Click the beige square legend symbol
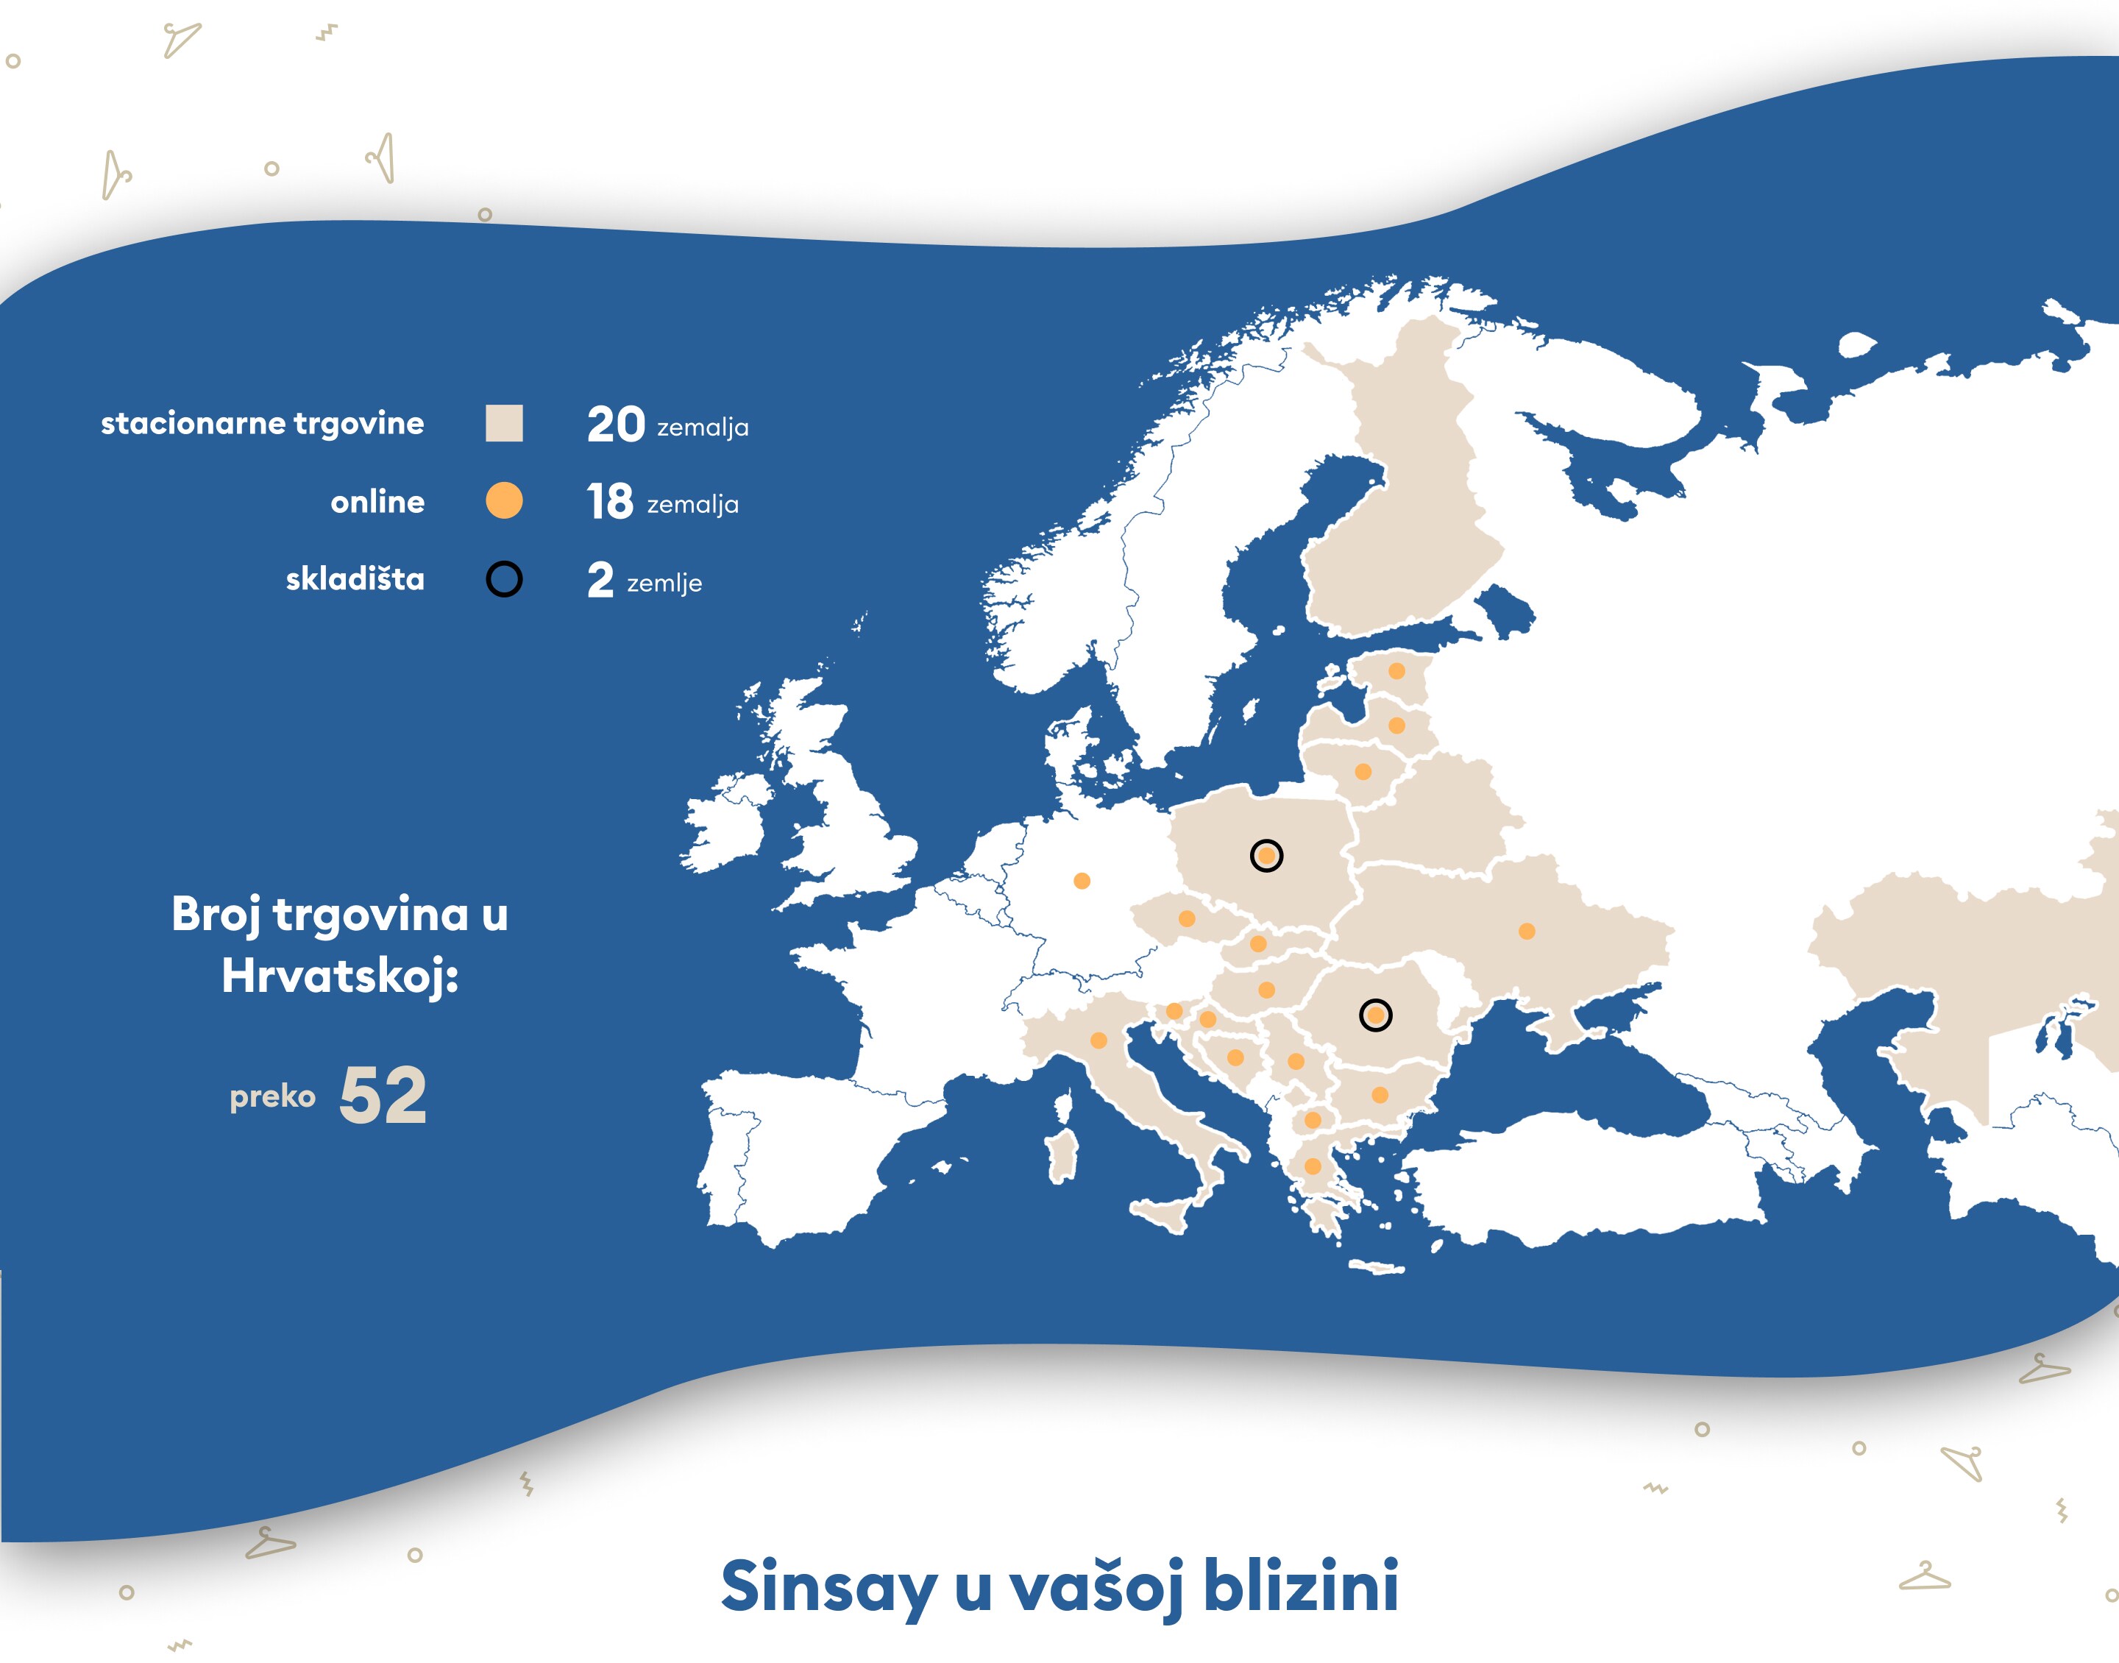point(504,424)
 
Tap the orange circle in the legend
point(504,500)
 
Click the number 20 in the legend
point(615,425)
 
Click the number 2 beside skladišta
point(600,581)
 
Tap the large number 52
point(383,1096)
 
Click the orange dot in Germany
point(1082,881)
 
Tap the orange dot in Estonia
point(1396,671)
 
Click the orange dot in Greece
point(1312,1166)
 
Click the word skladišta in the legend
point(355,579)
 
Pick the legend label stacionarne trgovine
point(263,424)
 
